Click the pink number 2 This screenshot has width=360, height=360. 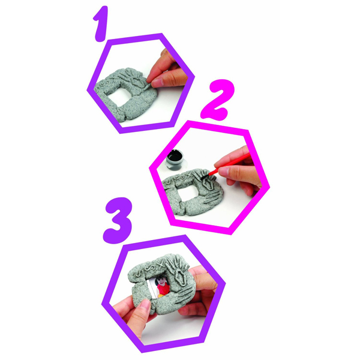[x=218, y=100]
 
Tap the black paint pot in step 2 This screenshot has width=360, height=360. [x=176, y=160]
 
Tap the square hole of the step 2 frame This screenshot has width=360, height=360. [x=187, y=192]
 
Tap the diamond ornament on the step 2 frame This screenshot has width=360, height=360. [x=208, y=184]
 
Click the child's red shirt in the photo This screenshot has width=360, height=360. [x=163, y=290]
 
